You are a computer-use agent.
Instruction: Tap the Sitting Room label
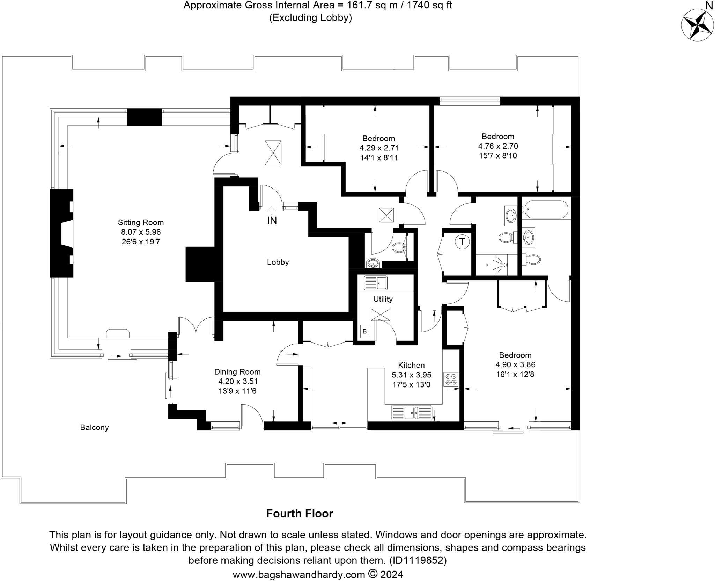141,222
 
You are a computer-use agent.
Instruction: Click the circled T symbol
462,242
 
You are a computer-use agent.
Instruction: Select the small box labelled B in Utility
364,331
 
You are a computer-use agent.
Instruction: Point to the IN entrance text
272,221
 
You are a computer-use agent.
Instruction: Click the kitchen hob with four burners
451,379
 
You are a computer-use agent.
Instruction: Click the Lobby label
278,262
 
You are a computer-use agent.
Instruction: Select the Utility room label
383,299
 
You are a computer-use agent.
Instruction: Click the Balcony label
94,427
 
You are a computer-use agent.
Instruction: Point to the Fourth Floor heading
300,514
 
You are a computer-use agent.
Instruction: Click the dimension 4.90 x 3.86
515,365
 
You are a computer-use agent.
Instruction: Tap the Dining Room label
237,372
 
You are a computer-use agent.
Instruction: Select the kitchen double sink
412,413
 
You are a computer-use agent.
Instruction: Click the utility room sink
376,283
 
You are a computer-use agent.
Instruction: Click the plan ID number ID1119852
418,560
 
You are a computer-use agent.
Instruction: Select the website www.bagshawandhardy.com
299,575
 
